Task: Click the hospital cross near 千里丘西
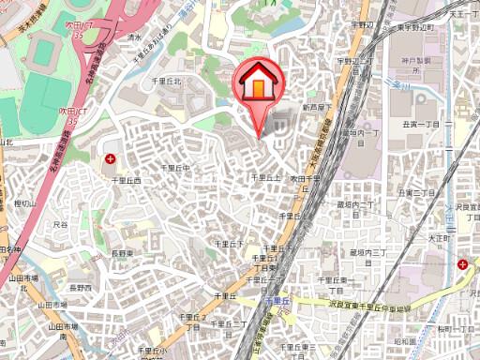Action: (x=111, y=159)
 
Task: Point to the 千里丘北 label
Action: (x=166, y=82)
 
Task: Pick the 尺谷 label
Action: (x=62, y=225)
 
